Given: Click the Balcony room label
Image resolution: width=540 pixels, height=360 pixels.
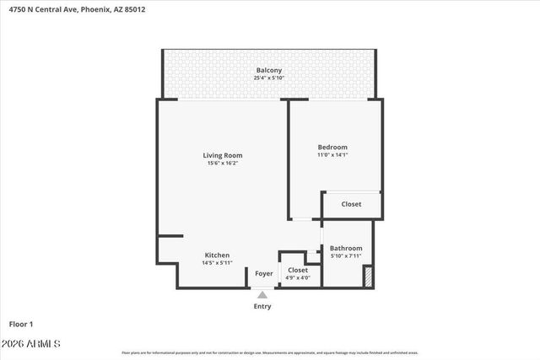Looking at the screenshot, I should click(x=268, y=70).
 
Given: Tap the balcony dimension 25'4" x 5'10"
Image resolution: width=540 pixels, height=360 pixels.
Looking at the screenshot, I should click(x=268, y=78).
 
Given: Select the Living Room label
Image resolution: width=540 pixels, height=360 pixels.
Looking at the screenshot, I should click(x=223, y=155).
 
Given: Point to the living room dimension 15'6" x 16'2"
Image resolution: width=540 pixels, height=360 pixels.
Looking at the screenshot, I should click(x=223, y=164).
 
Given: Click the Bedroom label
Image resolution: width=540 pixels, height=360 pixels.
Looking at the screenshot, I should click(x=332, y=147).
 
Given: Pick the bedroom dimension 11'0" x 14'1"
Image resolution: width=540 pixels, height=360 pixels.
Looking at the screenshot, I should click(x=332, y=155).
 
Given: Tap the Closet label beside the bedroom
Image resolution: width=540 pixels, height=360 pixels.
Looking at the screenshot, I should click(x=351, y=204).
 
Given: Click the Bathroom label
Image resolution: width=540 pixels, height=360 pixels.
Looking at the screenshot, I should click(x=346, y=248).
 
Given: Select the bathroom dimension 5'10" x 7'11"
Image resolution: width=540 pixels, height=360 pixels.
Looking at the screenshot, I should click(x=346, y=255).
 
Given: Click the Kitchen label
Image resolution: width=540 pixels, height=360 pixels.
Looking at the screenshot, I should click(x=217, y=255).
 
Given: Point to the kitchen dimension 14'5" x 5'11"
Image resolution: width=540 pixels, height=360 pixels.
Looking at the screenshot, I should click(x=217, y=263).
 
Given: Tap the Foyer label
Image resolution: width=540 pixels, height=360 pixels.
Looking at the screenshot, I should click(x=264, y=273).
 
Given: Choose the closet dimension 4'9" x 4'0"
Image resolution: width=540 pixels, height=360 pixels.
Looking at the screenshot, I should click(x=298, y=277).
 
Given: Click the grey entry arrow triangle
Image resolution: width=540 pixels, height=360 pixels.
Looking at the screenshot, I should click(x=262, y=294).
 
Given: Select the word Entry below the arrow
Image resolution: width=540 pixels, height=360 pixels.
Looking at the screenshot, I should click(x=262, y=306).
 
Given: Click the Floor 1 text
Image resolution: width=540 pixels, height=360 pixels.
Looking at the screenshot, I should click(x=22, y=324).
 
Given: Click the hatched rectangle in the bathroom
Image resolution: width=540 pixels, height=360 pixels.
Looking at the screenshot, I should click(x=368, y=277).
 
